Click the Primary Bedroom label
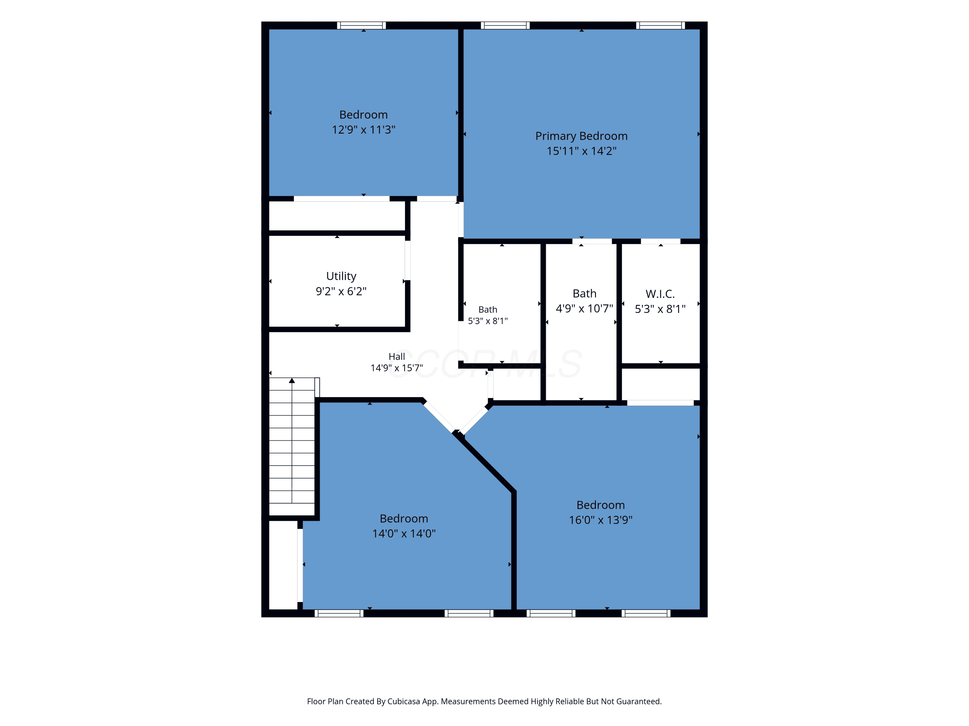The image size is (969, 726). point(581,136)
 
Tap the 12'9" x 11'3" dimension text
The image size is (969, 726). point(364,129)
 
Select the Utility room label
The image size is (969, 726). point(341,277)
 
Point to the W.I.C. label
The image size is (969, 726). point(660,294)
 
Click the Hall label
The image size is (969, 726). point(397,357)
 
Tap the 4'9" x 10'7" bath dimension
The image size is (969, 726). point(584,308)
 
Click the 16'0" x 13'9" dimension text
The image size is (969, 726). point(600,520)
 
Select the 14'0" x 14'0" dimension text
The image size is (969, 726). point(404,533)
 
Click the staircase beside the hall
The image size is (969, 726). point(292,446)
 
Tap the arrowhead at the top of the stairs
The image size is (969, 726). point(292,380)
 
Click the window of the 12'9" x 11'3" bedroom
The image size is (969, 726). point(361,25)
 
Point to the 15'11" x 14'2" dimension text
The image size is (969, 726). point(581,151)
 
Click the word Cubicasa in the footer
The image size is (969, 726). point(403,701)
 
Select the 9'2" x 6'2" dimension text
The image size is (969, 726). point(341,291)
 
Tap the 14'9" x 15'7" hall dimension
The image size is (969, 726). point(397,368)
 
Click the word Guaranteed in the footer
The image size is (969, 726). point(639,701)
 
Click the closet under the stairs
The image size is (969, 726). point(283,565)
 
